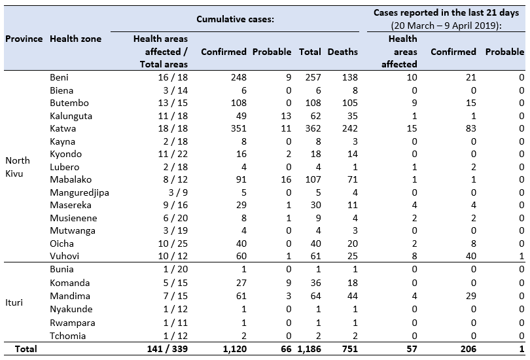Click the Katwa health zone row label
(63, 128)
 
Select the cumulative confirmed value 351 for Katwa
(239, 128)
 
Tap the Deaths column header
(342, 52)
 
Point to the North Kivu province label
(18, 167)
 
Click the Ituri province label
(14, 302)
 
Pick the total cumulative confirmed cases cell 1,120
(235, 349)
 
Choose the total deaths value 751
(350, 349)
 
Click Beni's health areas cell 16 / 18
(173, 77)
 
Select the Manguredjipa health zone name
(79, 192)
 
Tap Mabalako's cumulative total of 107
(313, 179)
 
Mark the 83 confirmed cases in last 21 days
(471, 128)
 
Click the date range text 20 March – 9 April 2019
(446, 26)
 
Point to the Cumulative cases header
(236, 19)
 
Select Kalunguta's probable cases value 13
(286, 116)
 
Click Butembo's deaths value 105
(350, 103)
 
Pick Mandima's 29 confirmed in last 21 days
(471, 296)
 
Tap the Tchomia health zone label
(67, 336)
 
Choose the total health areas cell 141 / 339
(168, 349)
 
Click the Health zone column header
(76, 39)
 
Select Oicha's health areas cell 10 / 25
(173, 243)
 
